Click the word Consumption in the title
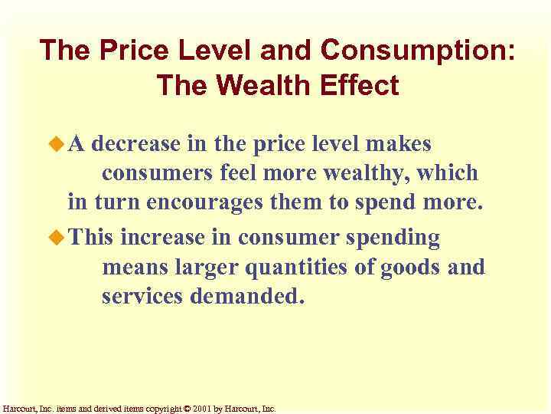coord(418,51)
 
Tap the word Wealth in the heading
coord(273,85)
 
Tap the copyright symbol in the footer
coord(188,409)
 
